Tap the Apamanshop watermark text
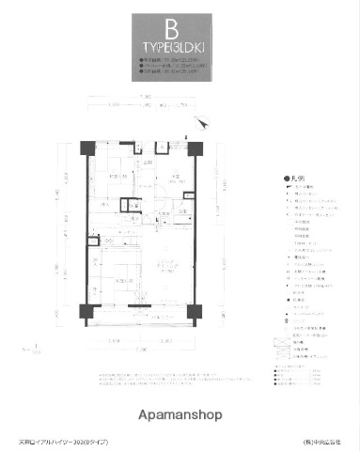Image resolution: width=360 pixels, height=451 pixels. click(x=180, y=412)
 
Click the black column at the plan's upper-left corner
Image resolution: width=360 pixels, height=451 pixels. click(x=86, y=148)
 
